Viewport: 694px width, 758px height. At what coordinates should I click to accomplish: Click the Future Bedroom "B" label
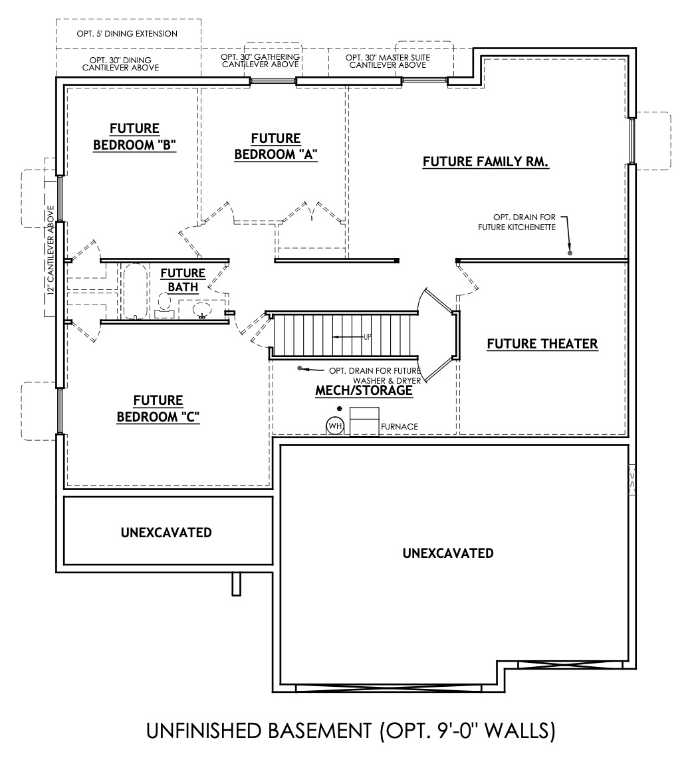pyautogui.click(x=134, y=137)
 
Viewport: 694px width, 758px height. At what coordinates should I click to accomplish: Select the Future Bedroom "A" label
pyautogui.click(x=275, y=147)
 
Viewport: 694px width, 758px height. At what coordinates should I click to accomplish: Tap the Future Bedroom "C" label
pyautogui.click(x=158, y=409)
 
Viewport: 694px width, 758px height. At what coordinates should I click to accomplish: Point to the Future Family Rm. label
pyautogui.click(x=485, y=162)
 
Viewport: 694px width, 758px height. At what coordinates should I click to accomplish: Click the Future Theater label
pyautogui.click(x=542, y=344)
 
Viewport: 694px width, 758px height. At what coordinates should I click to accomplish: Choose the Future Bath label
pyautogui.click(x=183, y=280)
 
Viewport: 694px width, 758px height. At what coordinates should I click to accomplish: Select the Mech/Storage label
pyautogui.click(x=364, y=391)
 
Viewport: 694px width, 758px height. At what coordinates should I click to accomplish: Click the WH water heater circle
pyautogui.click(x=335, y=426)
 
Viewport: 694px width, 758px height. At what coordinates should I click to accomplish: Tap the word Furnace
pyautogui.click(x=400, y=427)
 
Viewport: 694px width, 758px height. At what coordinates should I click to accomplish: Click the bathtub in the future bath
pyautogui.click(x=135, y=292)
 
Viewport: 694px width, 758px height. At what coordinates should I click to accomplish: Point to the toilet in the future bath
pyautogui.click(x=164, y=306)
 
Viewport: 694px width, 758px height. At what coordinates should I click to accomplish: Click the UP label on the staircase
pyautogui.click(x=367, y=337)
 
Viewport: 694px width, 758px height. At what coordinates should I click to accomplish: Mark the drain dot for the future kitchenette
pyautogui.click(x=570, y=253)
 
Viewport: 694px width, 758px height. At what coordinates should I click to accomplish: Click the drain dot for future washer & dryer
pyautogui.click(x=300, y=368)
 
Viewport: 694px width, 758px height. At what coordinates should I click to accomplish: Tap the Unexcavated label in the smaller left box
pyautogui.click(x=166, y=533)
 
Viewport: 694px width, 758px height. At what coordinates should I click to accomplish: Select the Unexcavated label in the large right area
pyautogui.click(x=448, y=553)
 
